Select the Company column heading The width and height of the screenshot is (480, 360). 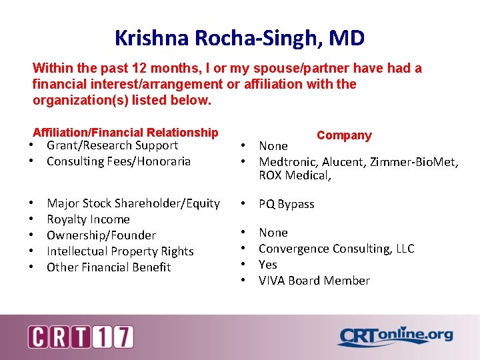click(344, 135)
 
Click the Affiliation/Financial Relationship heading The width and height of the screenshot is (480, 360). click(125, 133)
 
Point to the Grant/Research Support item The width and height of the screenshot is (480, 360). click(112, 145)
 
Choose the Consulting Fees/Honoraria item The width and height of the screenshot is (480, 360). click(119, 161)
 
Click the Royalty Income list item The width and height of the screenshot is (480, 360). click(88, 219)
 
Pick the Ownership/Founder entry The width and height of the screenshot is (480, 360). click(101, 235)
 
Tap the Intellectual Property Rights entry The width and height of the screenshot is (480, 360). click(120, 251)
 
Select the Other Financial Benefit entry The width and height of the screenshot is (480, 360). click(109, 267)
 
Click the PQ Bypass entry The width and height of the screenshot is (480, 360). click(286, 204)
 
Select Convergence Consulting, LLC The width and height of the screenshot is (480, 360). click(336, 249)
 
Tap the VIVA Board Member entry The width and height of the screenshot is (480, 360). click(313, 281)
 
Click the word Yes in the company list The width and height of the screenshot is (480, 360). click(268, 265)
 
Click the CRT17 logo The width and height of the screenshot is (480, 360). click(81, 337)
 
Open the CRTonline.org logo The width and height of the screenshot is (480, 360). click(395, 337)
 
